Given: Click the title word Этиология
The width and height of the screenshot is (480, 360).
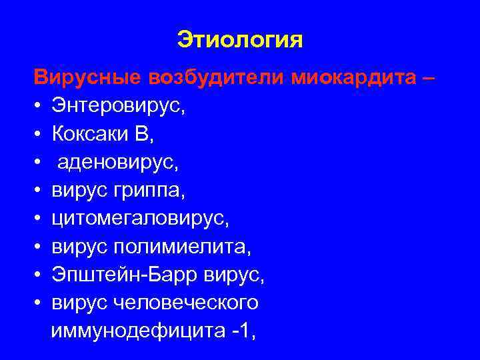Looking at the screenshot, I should click(240, 39).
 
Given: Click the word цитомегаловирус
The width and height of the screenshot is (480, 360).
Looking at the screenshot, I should click(134, 218).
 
